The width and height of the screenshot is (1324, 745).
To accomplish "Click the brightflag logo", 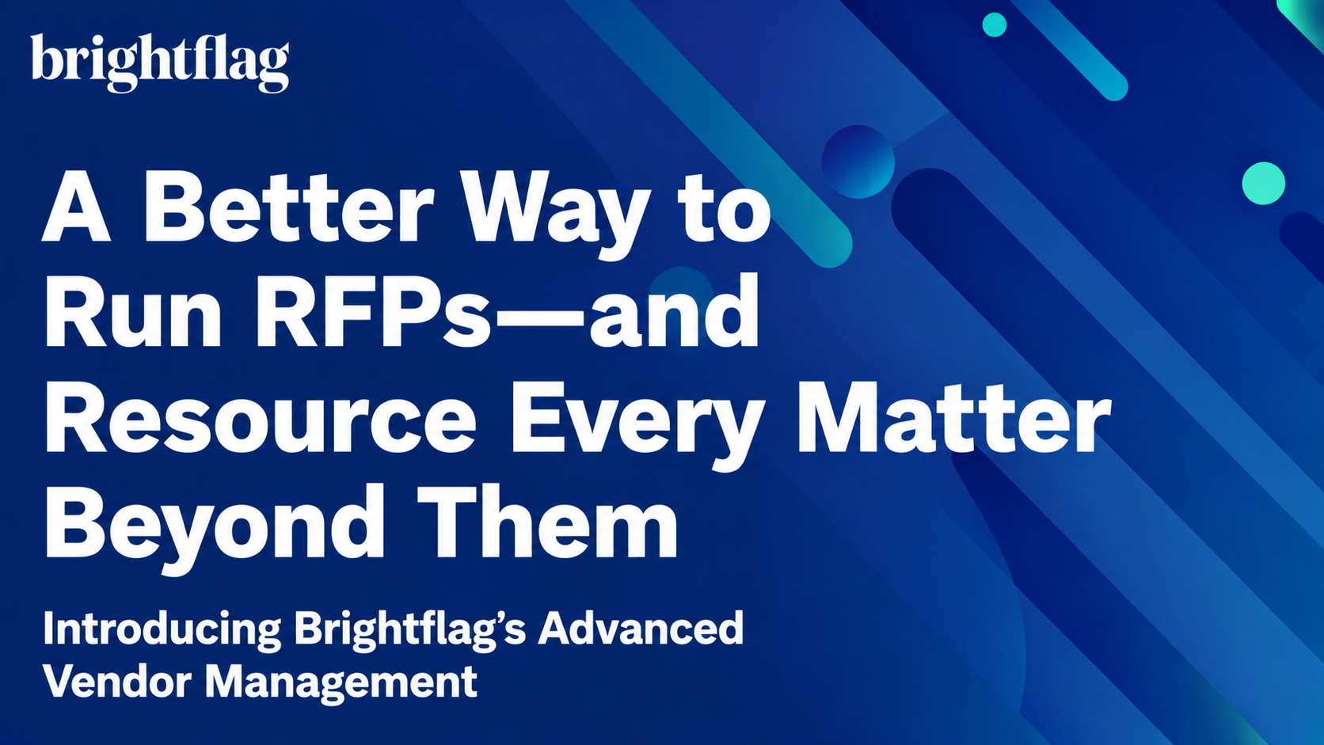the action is point(160,63).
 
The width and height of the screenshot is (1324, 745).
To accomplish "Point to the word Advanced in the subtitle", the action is point(641,628).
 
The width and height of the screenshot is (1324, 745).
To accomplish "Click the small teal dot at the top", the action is point(994,25).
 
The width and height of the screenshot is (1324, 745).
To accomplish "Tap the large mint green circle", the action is point(1264,183).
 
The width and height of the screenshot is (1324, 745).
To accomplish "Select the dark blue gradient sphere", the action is point(858,162).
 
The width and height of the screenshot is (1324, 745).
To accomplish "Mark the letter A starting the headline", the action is point(77,206).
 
